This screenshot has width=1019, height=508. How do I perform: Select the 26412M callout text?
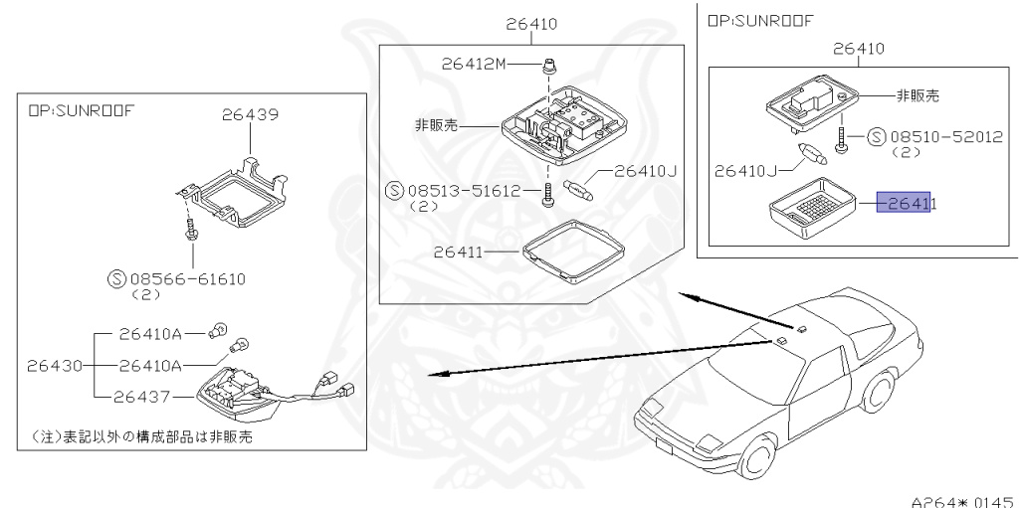pyautogui.click(x=474, y=65)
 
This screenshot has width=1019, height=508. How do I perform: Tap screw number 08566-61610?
pyautogui.click(x=187, y=281)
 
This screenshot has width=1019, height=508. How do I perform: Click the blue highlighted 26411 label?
pyautogui.click(x=903, y=204)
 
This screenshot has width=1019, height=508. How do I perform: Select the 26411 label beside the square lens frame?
pyautogui.click(x=459, y=253)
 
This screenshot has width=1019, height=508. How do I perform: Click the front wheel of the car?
pyautogui.click(x=759, y=458)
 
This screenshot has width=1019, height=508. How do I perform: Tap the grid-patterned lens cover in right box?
pyautogui.click(x=810, y=205)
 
